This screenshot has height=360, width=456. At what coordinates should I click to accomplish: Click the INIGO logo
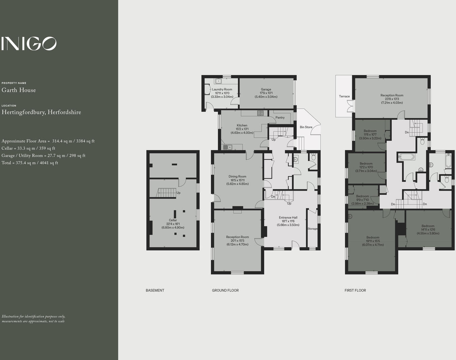(x=29, y=44)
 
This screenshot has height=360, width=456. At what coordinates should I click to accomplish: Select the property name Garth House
(x=19, y=90)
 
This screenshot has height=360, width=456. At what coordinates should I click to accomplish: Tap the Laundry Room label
(x=222, y=89)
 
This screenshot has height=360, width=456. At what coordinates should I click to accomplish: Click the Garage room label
(x=266, y=89)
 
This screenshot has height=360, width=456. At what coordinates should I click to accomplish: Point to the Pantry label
(x=280, y=117)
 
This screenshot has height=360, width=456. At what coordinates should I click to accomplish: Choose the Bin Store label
(x=306, y=127)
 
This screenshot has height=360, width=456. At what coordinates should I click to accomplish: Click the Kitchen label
(x=242, y=126)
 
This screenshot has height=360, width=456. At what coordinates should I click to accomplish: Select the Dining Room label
(x=237, y=176)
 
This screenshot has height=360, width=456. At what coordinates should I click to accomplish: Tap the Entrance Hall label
(x=288, y=218)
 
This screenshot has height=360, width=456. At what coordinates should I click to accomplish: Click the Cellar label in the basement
(x=173, y=220)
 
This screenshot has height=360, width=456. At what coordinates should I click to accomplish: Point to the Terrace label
(x=344, y=96)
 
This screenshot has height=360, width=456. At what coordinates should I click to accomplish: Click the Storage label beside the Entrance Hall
(x=313, y=229)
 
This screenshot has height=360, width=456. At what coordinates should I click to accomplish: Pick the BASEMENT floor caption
(x=155, y=290)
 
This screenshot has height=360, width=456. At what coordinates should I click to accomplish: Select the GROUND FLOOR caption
(x=225, y=290)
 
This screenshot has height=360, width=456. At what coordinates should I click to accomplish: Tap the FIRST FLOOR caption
(x=355, y=290)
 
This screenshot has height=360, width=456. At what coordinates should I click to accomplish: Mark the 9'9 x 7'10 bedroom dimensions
(x=363, y=204)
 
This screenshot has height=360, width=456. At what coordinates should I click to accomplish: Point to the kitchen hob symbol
(x=260, y=113)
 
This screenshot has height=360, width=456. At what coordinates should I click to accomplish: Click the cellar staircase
(x=167, y=193)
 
